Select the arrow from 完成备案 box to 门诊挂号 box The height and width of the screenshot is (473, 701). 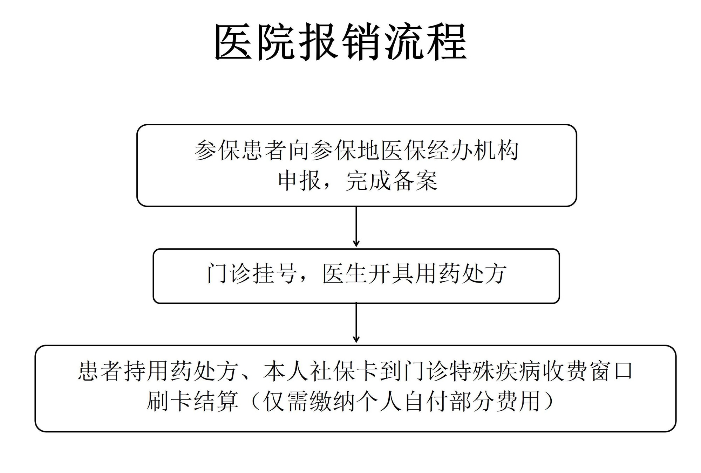click(356, 227)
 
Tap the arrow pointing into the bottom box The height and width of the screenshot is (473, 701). click(356, 322)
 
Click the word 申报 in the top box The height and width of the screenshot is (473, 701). click(299, 181)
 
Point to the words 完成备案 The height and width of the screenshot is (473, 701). click(392, 181)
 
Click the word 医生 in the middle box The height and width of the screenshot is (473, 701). click(345, 273)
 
